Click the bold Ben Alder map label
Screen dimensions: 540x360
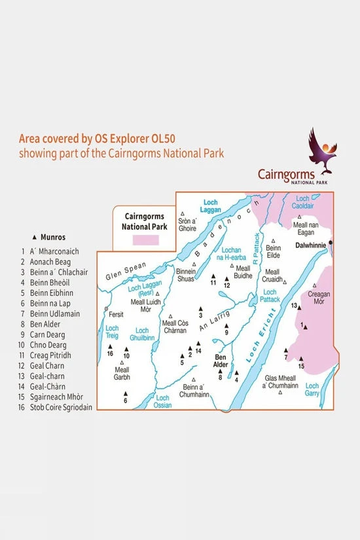pyautogui.click(x=221, y=361)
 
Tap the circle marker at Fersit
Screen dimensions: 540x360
pyautogui.click(x=106, y=308)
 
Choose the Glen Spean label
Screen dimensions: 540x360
pyautogui.click(x=122, y=275)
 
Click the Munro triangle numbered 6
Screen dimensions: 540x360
pyautogui.click(x=125, y=393)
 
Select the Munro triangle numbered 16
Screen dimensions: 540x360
pyautogui.click(x=110, y=347)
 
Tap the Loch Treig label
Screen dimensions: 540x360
pyautogui.click(x=112, y=331)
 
